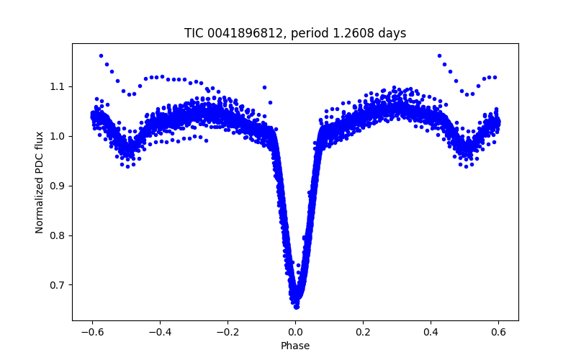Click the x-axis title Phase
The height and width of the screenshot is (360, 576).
(x=295, y=346)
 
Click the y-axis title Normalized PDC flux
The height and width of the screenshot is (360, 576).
(x=40, y=181)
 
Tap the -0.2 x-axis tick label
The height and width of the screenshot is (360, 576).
(x=226, y=332)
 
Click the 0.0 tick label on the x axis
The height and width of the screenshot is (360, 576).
(x=295, y=332)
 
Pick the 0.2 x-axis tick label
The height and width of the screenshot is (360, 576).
(x=364, y=332)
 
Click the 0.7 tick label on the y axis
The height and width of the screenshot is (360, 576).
(x=58, y=285)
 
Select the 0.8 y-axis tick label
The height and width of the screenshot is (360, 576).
(x=58, y=235)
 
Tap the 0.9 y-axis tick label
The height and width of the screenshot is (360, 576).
(x=58, y=186)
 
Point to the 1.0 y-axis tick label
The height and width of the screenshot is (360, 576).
(x=58, y=136)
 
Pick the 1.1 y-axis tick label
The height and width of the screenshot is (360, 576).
(x=58, y=86)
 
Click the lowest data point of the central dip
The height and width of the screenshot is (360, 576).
(x=296, y=307)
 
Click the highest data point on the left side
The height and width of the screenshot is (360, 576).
(x=101, y=55)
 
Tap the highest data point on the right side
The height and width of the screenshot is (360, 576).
(x=439, y=55)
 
